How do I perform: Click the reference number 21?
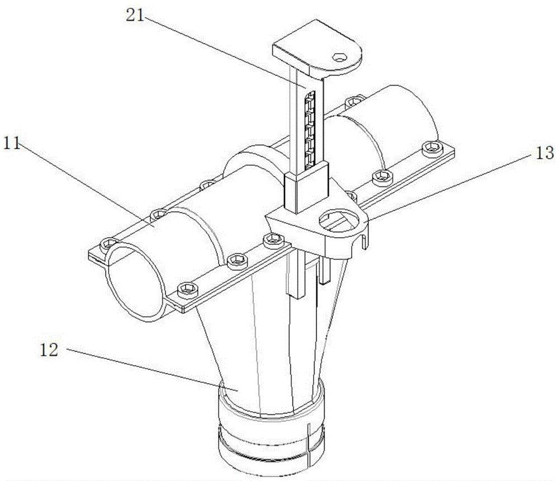135,15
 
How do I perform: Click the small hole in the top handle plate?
339,57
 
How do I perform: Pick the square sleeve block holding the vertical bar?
306,188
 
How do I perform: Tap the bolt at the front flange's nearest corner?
187,289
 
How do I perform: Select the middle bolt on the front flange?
236,261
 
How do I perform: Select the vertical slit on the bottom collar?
310,443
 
